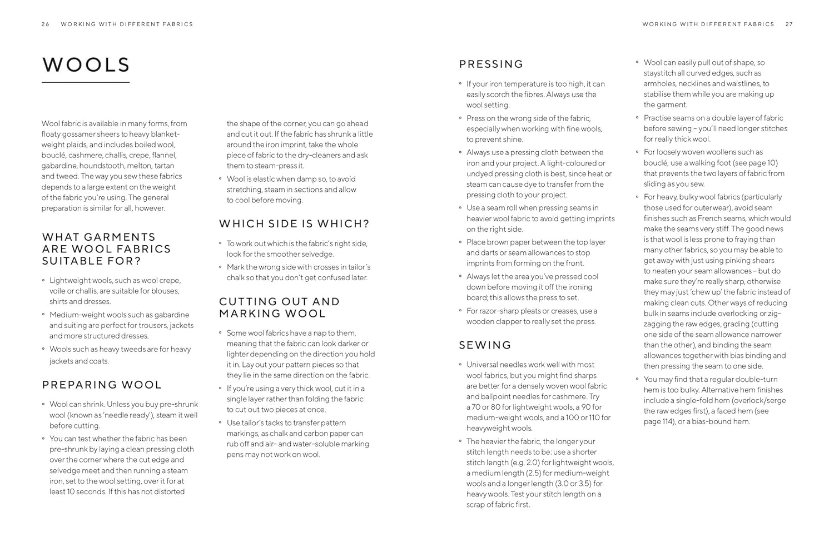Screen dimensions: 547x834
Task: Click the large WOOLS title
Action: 86,65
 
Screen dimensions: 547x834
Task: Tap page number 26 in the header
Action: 46,24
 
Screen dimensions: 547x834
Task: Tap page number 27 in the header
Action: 789,24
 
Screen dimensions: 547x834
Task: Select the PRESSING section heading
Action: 491,64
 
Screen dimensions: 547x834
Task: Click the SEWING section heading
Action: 485,345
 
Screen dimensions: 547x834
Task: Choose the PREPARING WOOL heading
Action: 102,385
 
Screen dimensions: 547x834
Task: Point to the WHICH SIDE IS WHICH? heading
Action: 294,224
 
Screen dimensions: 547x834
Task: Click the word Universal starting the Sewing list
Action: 485,365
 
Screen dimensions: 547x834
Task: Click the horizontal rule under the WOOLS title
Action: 86,83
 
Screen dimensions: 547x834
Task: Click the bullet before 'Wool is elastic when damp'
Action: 221,179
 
